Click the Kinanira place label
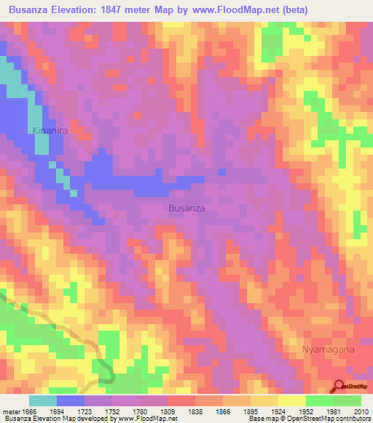click(49, 131)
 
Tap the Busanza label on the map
click(186, 208)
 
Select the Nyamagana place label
click(328, 350)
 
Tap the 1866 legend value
click(224, 411)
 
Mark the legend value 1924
click(279, 411)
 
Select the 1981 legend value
click(334, 411)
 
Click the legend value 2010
click(361, 411)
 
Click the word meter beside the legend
click(10, 411)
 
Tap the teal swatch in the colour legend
click(43, 400)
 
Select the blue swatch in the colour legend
click(71, 400)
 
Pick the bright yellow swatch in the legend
click(292, 400)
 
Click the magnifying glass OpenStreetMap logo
click(339, 385)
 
